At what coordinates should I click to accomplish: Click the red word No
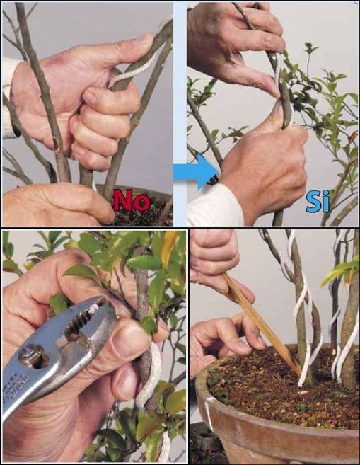pos(132,201)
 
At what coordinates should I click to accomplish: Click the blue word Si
pos(318,202)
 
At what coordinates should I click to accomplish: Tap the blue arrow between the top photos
pos(196,171)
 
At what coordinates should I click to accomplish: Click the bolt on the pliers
pos(28,355)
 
